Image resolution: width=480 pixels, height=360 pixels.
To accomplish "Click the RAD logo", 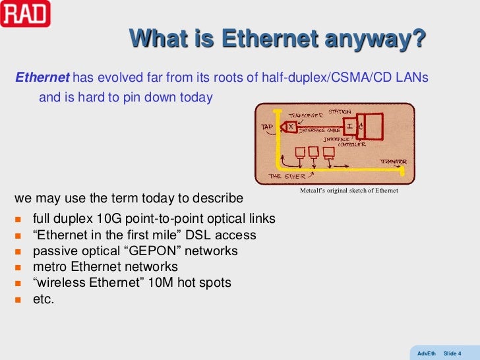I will [x=25, y=13].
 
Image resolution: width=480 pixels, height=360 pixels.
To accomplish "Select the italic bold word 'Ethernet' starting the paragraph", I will [x=42, y=78].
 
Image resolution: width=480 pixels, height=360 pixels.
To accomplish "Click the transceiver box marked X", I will [x=291, y=126].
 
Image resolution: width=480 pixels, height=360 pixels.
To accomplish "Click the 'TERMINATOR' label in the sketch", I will [x=392, y=161].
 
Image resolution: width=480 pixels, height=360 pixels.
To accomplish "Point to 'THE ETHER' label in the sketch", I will [x=287, y=176].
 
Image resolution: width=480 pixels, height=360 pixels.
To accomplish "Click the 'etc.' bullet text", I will [x=44, y=299].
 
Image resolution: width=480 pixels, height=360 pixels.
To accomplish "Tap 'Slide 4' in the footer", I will [x=452, y=353].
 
